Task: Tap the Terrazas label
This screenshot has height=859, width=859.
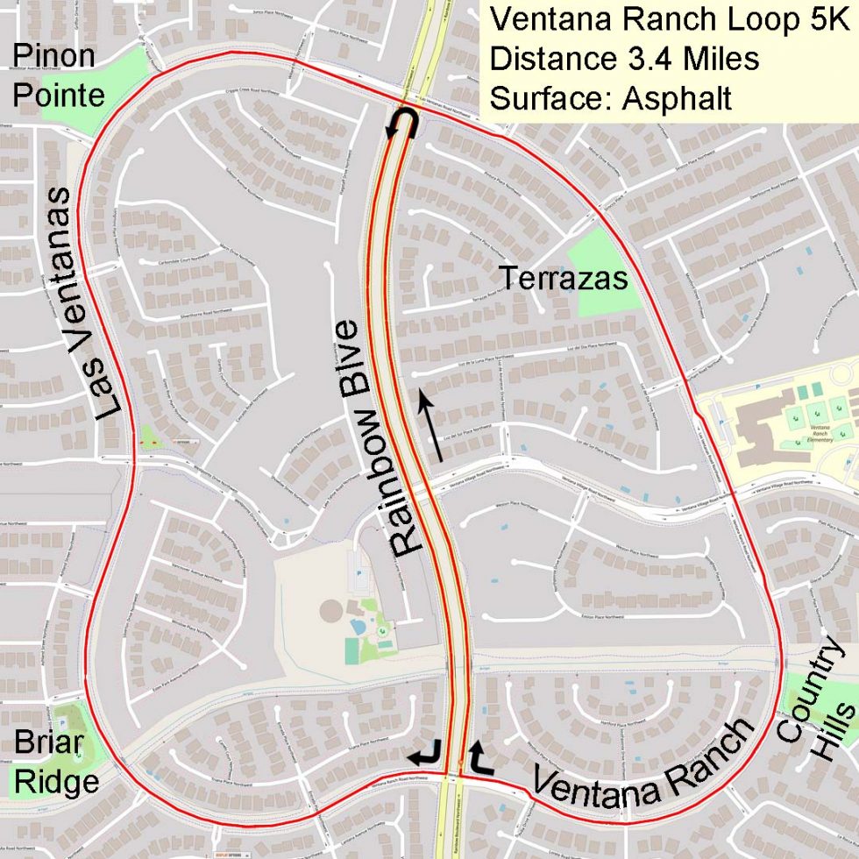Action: [564, 278]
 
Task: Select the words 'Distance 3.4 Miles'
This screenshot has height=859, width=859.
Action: [624, 59]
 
